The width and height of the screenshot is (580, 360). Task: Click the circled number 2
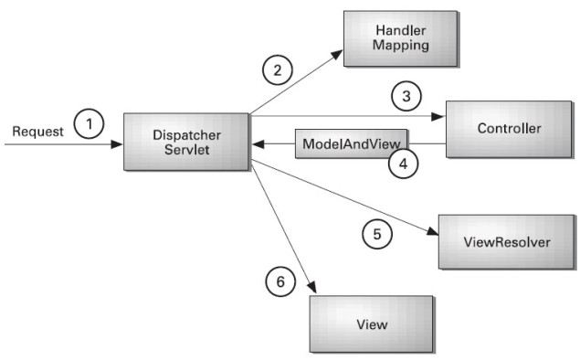pyautogui.click(x=278, y=68)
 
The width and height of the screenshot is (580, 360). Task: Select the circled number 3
pyautogui.click(x=406, y=94)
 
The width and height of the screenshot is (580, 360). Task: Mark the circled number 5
pyautogui.click(x=375, y=234)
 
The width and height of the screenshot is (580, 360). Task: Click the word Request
pyautogui.click(x=37, y=132)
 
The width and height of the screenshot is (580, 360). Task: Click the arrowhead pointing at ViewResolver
pyautogui.click(x=431, y=233)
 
